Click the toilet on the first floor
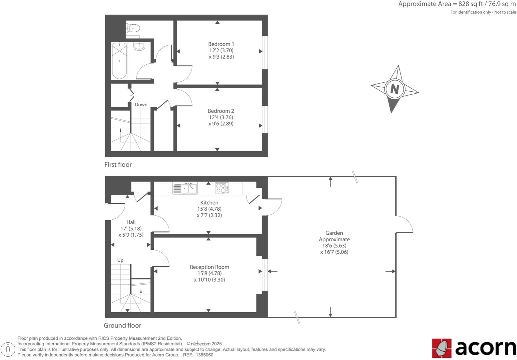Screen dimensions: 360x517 coord(133,28)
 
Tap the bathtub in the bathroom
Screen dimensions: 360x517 coord(119,61)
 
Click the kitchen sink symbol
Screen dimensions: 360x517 coord(185,188)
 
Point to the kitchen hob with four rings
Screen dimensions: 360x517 coord(222,188)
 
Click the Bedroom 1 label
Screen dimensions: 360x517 coord(221,44)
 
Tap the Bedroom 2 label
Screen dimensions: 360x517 coord(221,111)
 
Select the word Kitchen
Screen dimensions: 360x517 coord(209,203)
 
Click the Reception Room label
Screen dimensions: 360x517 coord(209,267)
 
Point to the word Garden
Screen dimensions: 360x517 coord(334,233)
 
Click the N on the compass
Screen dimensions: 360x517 coord(394,89)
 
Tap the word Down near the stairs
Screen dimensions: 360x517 coord(141,105)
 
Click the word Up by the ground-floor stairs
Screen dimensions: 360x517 coord(120,260)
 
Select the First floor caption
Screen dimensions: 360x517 coord(118,165)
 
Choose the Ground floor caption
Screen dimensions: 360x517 coord(122,326)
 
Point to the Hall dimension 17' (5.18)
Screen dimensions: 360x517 coord(131,229)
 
